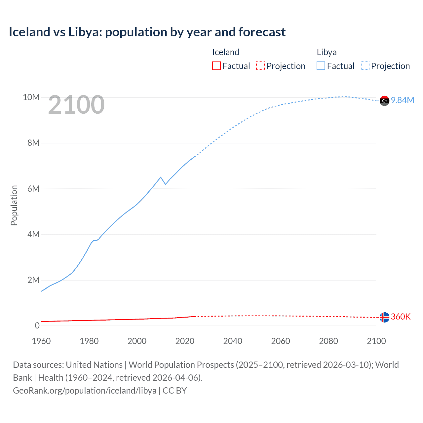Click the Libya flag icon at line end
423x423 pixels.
pyautogui.click(x=384, y=100)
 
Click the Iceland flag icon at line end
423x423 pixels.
pyautogui.click(x=384, y=317)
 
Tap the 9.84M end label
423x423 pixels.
pyautogui.click(x=403, y=100)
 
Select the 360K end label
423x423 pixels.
pyautogui.click(x=401, y=317)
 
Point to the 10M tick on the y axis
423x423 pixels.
pyautogui.click(x=31, y=97)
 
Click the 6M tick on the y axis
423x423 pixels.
pyautogui.click(x=33, y=189)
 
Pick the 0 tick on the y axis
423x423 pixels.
pyautogui.click(x=37, y=326)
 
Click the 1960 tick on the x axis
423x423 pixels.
pyautogui.click(x=41, y=341)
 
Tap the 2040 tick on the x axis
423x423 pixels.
pyautogui.click(x=233, y=341)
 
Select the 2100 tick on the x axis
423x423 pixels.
pyautogui.click(x=376, y=341)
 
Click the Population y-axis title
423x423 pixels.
pyautogui.click(x=14, y=205)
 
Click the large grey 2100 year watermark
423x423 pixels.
pyautogui.click(x=76, y=105)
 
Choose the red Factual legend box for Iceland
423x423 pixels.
pyautogui.click(x=216, y=66)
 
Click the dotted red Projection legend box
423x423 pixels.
pyautogui.click(x=260, y=66)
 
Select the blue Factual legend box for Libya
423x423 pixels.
pyautogui.click(x=321, y=66)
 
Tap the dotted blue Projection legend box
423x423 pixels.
pyautogui.click(x=365, y=66)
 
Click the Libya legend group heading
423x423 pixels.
pyautogui.click(x=327, y=52)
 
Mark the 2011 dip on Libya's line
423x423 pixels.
pyautogui.click(x=165, y=184)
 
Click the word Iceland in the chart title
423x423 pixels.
pyautogui.click(x=29, y=32)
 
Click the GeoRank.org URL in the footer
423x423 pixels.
pyautogui.click(x=85, y=390)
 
